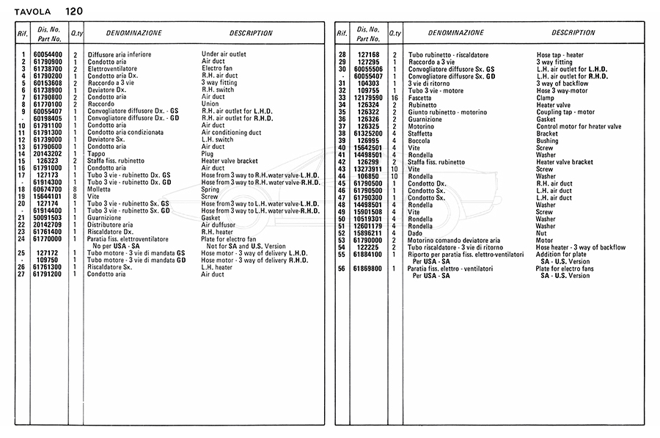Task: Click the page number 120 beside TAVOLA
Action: [73, 11]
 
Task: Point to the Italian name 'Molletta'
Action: [101, 189]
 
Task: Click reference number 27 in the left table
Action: [22, 274]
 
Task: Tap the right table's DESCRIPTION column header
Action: [573, 33]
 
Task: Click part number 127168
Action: [368, 55]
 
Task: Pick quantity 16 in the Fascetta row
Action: [395, 98]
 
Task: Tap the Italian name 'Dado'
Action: [415, 233]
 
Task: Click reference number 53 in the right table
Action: [342, 240]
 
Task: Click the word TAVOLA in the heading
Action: [34, 12]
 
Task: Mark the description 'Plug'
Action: [208, 154]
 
